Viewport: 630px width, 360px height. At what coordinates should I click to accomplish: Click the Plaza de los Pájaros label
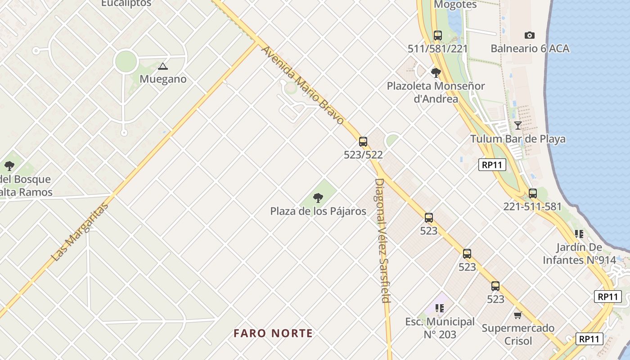(x=318, y=211)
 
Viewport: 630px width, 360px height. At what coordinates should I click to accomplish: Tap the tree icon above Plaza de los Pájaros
(x=318, y=198)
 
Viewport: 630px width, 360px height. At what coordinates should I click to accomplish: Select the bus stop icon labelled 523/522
(x=363, y=142)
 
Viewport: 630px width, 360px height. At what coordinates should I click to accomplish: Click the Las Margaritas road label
(x=80, y=232)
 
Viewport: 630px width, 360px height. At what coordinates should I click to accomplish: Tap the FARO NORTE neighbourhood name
(x=273, y=333)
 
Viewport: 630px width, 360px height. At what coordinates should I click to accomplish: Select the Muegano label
(x=163, y=79)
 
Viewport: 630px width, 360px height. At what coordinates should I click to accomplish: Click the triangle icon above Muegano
(x=162, y=67)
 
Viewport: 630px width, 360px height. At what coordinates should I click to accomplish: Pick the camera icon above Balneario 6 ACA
(x=530, y=35)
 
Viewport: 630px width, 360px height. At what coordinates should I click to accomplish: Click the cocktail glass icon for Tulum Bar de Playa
(x=518, y=126)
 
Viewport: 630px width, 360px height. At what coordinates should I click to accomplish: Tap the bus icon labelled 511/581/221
(x=437, y=36)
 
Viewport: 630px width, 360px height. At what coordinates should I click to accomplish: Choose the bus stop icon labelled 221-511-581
(x=533, y=194)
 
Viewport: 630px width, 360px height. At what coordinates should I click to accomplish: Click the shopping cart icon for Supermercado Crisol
(x=518, y=315)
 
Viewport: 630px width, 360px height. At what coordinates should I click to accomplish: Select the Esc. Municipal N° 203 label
(x=440, y=328)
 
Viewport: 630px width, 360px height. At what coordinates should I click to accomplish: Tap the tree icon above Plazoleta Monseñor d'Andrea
(x=436, y=72)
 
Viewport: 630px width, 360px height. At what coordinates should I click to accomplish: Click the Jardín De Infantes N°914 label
(x=572, y=253)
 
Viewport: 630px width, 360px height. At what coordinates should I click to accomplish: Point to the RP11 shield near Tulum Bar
(x=492, y=165)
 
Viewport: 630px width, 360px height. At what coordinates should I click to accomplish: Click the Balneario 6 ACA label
(x=530, y=49)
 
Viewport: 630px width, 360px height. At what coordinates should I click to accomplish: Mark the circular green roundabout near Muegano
(x=126, y=62)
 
